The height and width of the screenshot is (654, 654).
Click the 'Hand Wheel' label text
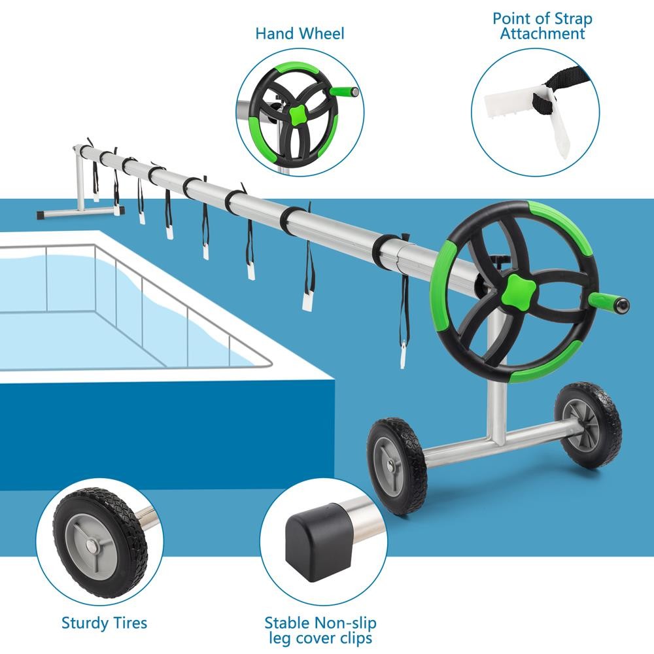click(x=300, y=33)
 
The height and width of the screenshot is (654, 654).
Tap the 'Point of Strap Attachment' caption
click(x=542, y=26)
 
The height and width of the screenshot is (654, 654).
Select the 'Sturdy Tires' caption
click(x=105, y=622)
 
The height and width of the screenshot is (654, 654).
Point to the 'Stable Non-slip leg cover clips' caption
click(x=320, y=630)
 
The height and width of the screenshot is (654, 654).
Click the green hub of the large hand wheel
click(x=513, y=288)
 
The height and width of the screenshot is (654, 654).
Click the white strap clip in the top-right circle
click(x=517, y=104)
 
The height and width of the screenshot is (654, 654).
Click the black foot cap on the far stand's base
click(x=118, y=211)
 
